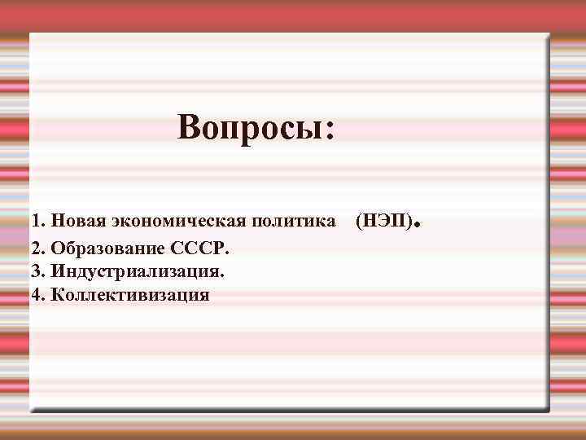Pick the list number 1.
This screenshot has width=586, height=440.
pos(36,221)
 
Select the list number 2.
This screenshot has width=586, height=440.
pos(36,245)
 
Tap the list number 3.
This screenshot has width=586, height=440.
pos(36,270)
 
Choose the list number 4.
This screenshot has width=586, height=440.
pos(36,294)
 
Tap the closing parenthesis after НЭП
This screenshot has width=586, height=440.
pos(409,221)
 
